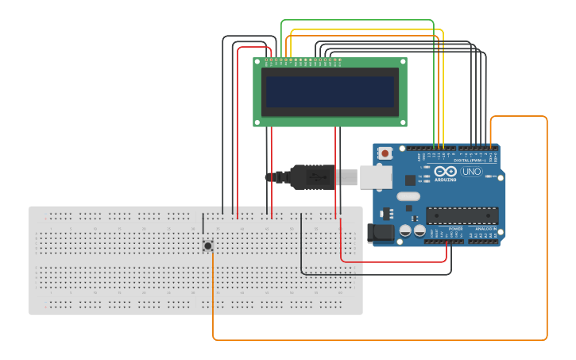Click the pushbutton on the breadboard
point(208,246)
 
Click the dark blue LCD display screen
point(330,91)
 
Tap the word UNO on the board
point(471,172)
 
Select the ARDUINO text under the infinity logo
point(446,180)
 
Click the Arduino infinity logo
point(446,171)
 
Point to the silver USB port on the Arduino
point(376,176)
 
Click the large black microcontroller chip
point(462,215)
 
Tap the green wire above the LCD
point(358,20)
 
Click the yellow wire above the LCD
point(365,29)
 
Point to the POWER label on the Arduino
point(456,229)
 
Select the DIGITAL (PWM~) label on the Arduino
point(469,160)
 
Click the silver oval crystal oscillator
point(408,196)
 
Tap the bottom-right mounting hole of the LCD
point(403,122)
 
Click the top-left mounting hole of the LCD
point(257,61)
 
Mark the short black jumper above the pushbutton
point(203,224)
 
